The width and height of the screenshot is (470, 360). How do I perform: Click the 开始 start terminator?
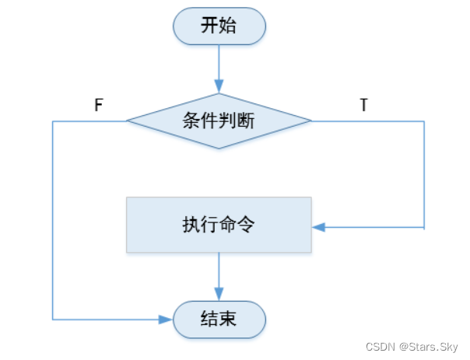[x=219, y=26]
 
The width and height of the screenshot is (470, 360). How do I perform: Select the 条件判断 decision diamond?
[x=219, y=121]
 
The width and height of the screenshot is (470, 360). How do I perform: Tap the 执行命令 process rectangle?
[x=219, y=225]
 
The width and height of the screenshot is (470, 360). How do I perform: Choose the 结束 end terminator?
[x=219, y=319]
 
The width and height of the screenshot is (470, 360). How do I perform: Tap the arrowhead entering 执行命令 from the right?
[x=317, y=227]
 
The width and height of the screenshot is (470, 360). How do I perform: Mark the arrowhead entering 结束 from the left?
[x=167, y=320]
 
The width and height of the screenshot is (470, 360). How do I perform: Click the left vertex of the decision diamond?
[x=128, y=121]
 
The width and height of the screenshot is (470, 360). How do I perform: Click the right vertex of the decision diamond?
[x=310, y=121]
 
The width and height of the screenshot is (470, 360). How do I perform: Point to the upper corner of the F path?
[x=53, y=121]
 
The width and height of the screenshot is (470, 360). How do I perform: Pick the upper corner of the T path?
[x=424, y=121]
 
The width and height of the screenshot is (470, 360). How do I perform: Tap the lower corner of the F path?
[x=53, y=320]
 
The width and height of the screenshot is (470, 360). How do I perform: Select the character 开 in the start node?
[x=209, y=26]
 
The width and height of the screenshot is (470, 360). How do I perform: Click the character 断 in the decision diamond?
[x=247, y=121]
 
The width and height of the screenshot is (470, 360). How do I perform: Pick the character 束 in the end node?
[x=229, y=319]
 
